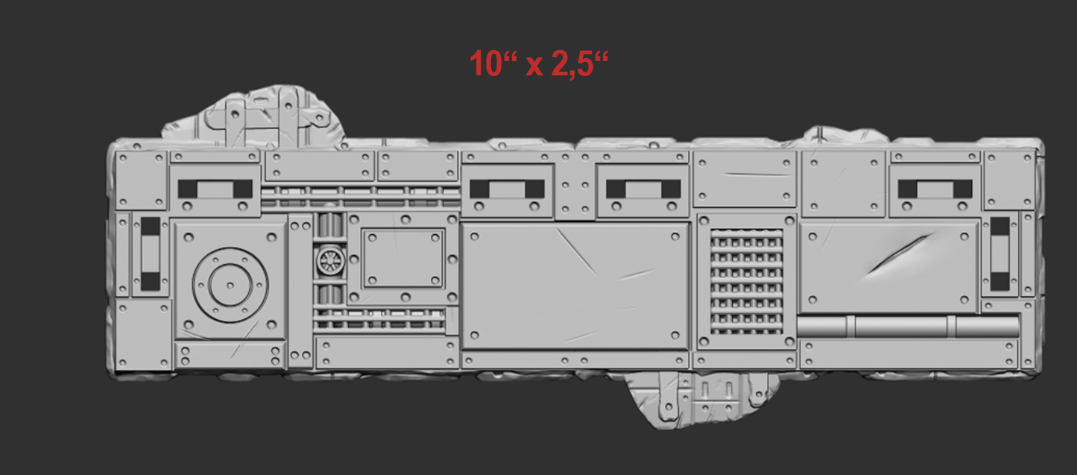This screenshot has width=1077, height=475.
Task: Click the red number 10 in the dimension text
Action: point(486,63)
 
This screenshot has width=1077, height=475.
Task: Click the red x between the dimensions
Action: point(534,66)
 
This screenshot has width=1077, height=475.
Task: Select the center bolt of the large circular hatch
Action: point(230,286)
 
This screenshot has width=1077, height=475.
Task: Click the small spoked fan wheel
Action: point(330,261)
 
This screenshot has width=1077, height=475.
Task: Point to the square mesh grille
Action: point(747,282)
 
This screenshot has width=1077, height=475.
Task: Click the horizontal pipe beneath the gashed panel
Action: point(908,327)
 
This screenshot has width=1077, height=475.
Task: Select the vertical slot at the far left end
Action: point(151,254)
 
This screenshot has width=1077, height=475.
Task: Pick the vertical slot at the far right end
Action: point(1000,254)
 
